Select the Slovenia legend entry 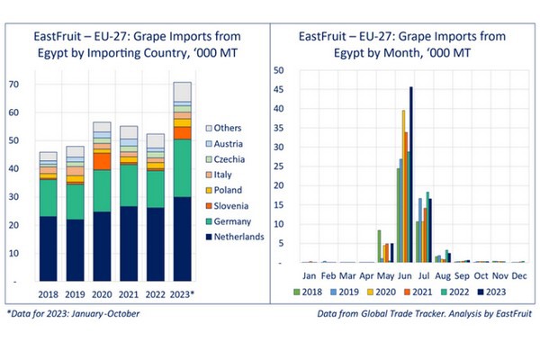(225, 206)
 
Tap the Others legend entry (225, 129)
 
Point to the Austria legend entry (225, 144)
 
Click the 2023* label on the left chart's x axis (182, 293)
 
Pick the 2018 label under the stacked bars (47, 293)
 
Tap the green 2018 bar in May (379, 247)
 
